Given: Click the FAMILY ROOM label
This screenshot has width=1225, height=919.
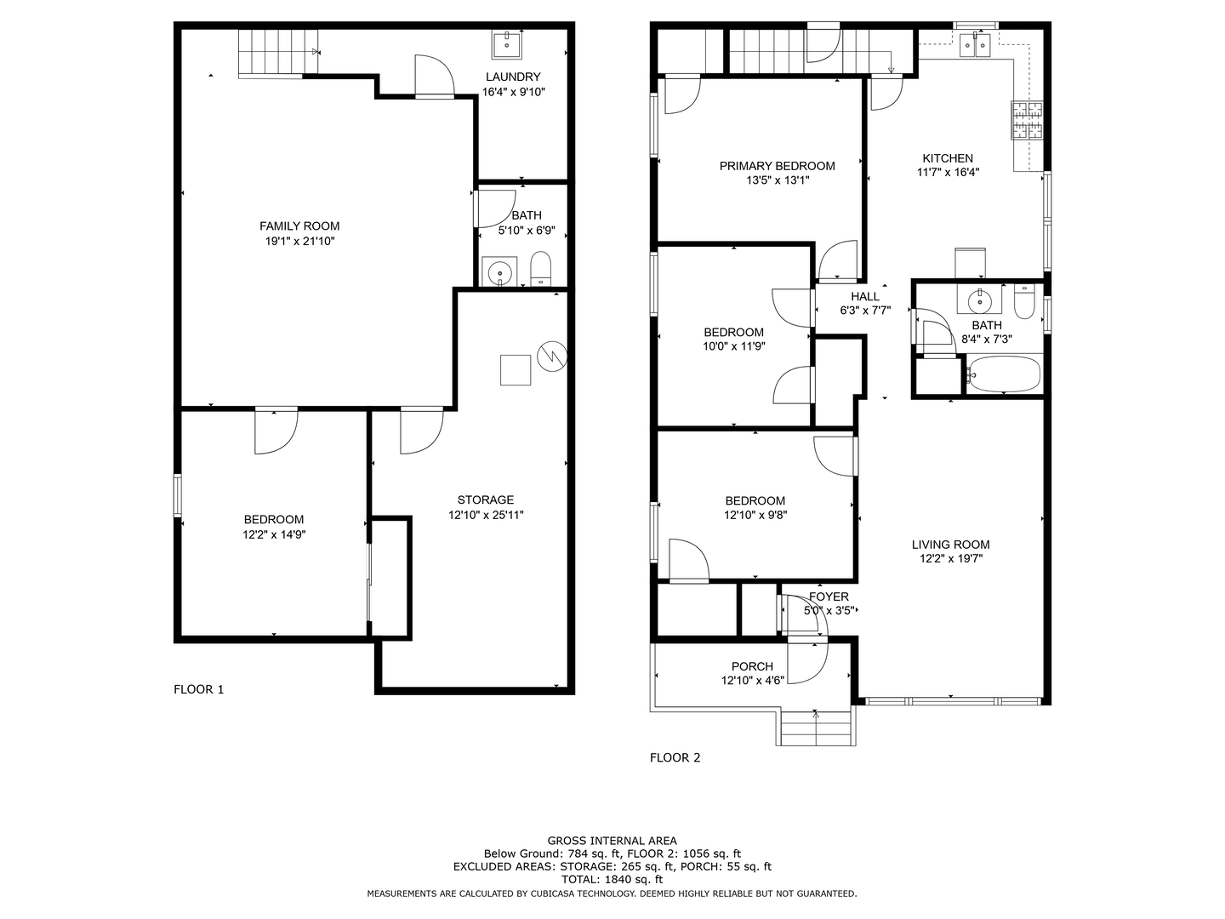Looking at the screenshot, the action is click(x=299, y=226).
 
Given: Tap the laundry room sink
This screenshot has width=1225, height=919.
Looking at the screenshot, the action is click(x=507, y=44).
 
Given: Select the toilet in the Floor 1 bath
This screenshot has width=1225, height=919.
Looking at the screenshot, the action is click(x=540, y=268).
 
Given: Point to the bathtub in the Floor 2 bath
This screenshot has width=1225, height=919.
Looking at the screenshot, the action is click(x=1004, y=374).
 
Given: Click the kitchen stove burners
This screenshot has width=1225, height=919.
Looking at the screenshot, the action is click(x=1027, y=120).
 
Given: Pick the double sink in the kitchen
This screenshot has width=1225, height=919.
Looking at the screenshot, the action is click(x=975, y=44).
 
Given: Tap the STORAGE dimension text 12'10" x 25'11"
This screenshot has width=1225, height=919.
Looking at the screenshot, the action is click(x=486, y=515).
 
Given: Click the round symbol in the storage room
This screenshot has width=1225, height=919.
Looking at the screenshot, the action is click(x=552, y=356).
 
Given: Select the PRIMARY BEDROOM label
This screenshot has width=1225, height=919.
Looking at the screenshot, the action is click(x=777, y=166).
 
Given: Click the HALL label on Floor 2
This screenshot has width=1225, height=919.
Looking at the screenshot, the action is click(x=865, y=296).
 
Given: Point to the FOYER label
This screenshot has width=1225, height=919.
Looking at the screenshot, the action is click(x=829, y=596).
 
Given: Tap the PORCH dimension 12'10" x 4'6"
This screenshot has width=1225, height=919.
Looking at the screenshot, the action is click(x=752, y=680).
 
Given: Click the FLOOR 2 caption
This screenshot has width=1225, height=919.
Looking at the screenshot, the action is click(x=675, y=757).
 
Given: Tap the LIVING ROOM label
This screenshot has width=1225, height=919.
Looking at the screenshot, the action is click(x=950, y=545).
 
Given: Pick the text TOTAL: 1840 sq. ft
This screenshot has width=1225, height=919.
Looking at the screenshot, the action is click(x=612, y=879).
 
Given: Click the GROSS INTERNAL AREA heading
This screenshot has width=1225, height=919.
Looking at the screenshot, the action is click(x=612, y=841).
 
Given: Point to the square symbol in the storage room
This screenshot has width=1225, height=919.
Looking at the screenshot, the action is click(x=516, y=370).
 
